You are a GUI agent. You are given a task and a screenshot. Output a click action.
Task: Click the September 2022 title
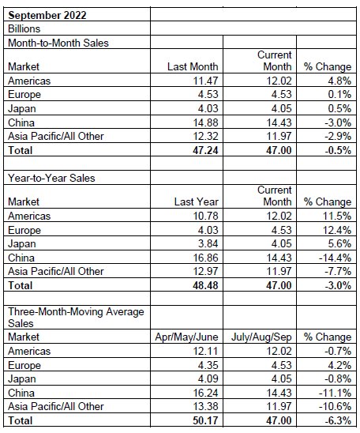tap(47, 15)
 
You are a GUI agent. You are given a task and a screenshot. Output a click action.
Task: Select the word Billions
tap(24, 28)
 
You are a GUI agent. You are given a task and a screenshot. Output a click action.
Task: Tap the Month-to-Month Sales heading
tap(58, 43)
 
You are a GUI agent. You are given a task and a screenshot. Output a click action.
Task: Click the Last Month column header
tap(193, 66)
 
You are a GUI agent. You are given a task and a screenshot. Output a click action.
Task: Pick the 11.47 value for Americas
tap(205, 81)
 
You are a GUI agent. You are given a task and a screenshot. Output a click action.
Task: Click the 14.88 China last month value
tap(205, 122)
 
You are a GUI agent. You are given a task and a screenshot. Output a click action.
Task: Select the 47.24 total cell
tap(205, 150)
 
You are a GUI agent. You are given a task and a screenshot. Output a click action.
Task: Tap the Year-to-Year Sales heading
tap(51, 178)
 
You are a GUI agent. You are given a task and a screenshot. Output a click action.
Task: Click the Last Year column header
tap(196, 201)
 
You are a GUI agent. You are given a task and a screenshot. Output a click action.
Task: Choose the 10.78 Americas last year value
tap(205, 216)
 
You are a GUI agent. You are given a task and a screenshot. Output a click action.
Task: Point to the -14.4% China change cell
tap(335, 258)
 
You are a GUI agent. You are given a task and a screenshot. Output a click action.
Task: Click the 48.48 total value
tap(205, 285)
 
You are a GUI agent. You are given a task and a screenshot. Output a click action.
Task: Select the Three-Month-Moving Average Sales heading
tap(76, 318)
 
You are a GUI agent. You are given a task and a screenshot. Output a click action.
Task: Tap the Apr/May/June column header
tap(186, 337)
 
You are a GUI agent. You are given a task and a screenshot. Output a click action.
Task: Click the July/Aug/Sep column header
tap(261, 337)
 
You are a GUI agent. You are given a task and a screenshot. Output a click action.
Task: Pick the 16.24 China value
tap(205, 393)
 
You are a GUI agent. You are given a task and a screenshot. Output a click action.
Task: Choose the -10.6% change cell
tap(335, 406)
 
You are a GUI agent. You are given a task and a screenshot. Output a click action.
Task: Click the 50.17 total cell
tap(205, 420)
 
